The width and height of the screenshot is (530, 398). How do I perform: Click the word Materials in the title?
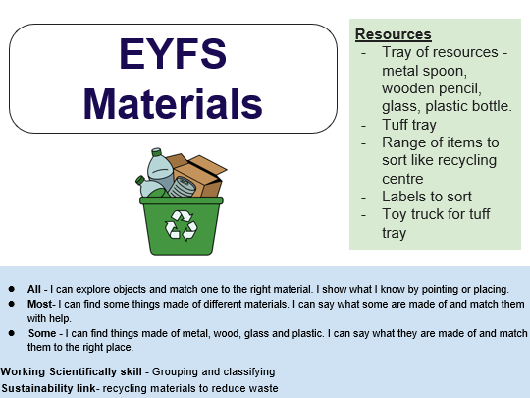click(172, 102)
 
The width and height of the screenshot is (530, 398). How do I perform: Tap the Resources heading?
click(393, 34)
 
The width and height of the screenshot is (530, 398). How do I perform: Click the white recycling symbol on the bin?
click(181, 225)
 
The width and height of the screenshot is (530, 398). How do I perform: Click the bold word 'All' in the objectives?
click(34, 289)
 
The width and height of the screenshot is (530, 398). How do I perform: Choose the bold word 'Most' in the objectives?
click(38, 305)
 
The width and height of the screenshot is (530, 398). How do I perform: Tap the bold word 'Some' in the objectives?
click(41, 334)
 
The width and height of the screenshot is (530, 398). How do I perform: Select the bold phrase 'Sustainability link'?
click(49, 388)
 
